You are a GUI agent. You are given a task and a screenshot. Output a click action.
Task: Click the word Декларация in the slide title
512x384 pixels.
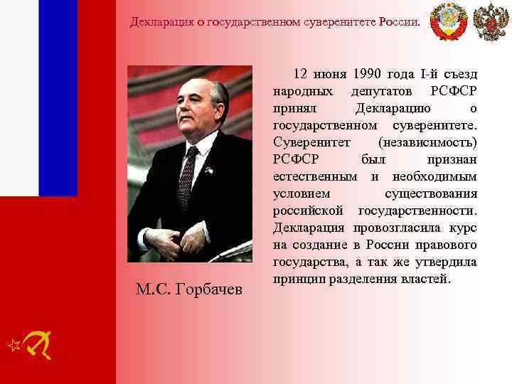pyautogui.click(x=162, y=21)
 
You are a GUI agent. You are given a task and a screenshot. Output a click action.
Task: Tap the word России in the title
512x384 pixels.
pyautogui.click(x=399, y=21)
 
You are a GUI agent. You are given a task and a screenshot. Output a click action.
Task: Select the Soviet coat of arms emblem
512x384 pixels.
pyautogui.click(x=449, y=21)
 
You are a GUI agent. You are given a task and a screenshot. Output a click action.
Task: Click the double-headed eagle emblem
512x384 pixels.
pyautogui.click(x=491, y=21)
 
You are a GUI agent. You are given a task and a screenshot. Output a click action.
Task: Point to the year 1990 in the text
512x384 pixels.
pyautogui.click(x=367, y=75)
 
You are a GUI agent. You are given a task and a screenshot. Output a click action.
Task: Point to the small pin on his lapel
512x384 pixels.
pyautogui.click(x=209, y=171)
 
